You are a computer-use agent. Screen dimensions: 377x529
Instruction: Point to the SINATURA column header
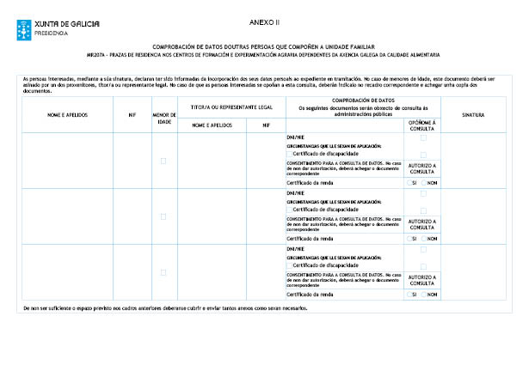(473, 113)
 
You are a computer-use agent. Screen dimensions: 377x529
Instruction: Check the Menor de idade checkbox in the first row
(163, 161)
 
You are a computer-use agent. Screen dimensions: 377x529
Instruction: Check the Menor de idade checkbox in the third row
(163, 272)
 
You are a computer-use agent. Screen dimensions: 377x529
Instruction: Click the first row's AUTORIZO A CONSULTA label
(422, 168)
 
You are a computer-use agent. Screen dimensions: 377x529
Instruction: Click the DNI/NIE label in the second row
(295, 193)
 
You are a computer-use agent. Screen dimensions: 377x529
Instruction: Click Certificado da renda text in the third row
(311, 294)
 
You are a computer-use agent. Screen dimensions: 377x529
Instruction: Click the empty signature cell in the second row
(473, 216)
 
